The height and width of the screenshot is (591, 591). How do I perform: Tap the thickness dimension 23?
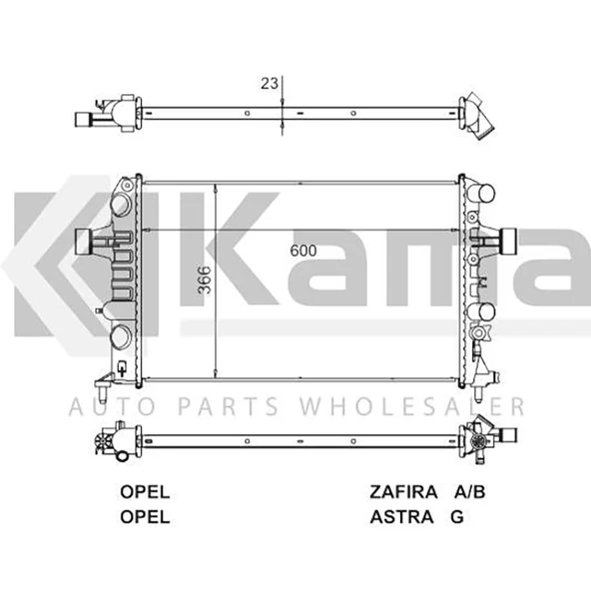pyautogui.click(x=270, y=84)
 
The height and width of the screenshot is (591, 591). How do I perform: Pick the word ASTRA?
pyautogui.click(x=400, y=516)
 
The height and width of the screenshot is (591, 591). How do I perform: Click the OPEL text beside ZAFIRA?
pyautogui.click(x=145, y=492)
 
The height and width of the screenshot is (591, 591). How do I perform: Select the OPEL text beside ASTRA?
pyautogui.click(x=145, y=516)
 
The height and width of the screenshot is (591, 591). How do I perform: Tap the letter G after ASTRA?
pyautogui.click(x=457, y=516)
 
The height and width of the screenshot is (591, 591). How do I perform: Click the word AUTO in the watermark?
pyautogui.click(x=104, y=406)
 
